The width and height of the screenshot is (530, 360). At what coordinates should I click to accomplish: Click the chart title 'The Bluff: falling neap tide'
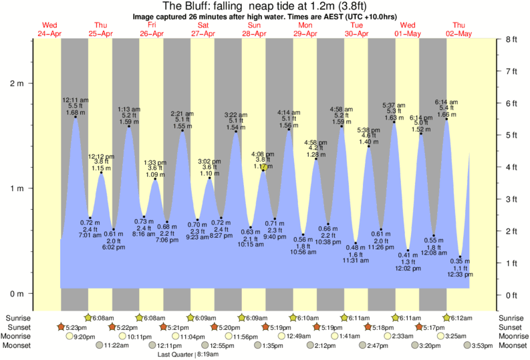(x=265, y=7)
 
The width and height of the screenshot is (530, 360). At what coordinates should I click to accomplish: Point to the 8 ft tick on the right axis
(x=512, y=39)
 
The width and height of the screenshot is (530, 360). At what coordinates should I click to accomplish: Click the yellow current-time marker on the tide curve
(x=264, y=168)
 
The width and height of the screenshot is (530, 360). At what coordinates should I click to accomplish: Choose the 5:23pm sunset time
(x=77, y=327)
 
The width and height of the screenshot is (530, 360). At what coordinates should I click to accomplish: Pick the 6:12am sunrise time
(x=461, y=318)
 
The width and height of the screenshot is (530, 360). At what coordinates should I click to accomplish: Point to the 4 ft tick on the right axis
(x=512, y=167)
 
